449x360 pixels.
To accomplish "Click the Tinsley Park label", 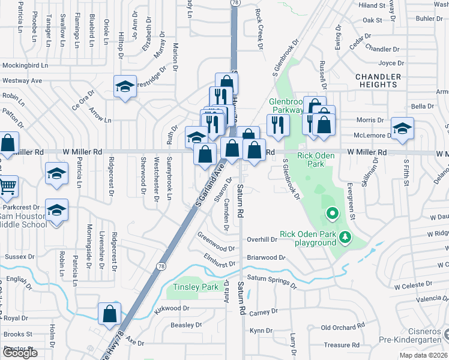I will pyautogui.click(x=196, y=287).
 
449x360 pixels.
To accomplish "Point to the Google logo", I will pyautogui.click(x=20, y=353).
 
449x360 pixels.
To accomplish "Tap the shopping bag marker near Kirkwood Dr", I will pyautogui.click(x=109, y=313).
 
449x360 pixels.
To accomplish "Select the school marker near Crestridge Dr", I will pyautogui.click(x=125, y=86).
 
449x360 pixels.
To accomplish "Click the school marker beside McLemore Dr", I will pyautogui.click(x=402, y=128).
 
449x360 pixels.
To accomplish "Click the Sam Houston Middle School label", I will pyautogui.click(x=23, y=220).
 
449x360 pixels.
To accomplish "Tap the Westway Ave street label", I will pyautogui.click(x=22, y=80).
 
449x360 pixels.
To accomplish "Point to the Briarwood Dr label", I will pyautogui.click(x=266, y=257).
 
